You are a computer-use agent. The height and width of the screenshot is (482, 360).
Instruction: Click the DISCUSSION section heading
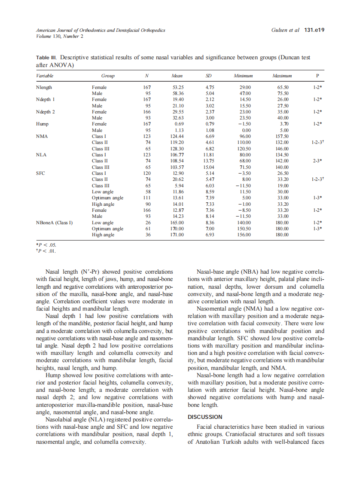point(205,417)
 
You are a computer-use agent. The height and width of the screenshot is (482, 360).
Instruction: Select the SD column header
point(210,76)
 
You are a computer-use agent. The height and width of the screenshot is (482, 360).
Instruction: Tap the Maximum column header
point(282,76)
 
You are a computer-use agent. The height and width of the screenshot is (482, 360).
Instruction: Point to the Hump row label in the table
point(42,124)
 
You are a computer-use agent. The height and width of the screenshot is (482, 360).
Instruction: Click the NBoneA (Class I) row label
point(54,223)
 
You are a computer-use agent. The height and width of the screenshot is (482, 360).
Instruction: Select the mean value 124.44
point(177,136)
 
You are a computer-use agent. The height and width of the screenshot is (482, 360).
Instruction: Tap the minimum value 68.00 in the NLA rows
point(244,161)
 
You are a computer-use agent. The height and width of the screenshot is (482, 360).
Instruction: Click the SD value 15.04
point(210,167)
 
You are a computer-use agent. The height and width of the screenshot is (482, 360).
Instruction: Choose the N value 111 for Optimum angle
point(147,198)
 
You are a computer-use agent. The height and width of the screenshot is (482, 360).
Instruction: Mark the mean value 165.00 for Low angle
point(177,223)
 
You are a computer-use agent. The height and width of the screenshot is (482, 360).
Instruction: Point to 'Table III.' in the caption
point(47,57)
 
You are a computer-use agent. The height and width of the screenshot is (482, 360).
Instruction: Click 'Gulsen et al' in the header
point(285,30)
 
